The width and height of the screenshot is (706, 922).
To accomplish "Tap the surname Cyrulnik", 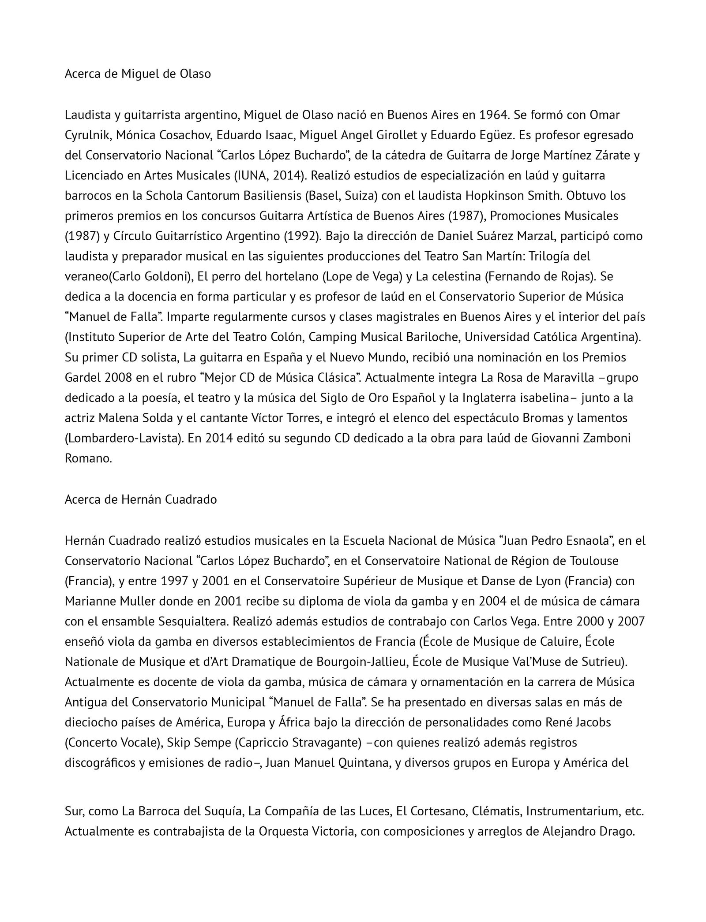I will coord(87,135).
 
